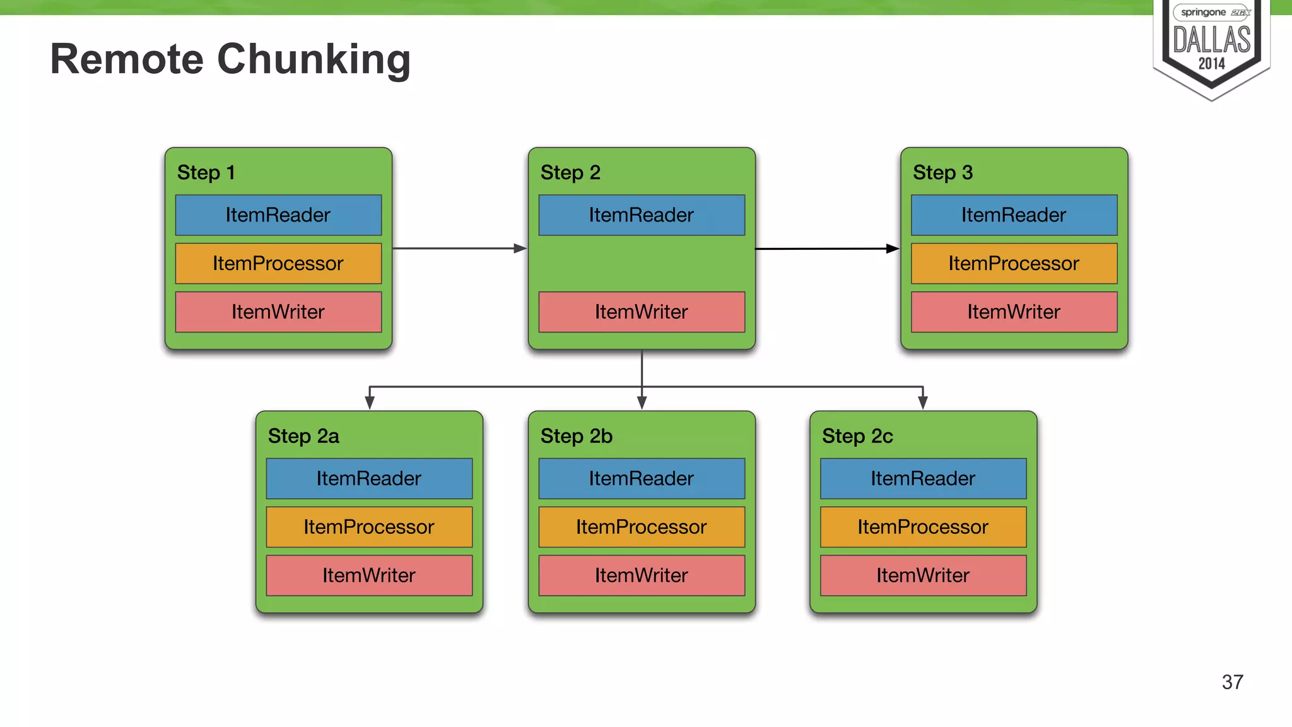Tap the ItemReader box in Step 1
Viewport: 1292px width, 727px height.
tap(278, 215)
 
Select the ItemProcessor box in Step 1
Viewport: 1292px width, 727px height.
tap(278, 263)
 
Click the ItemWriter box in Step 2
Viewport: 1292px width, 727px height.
tap(642, 312)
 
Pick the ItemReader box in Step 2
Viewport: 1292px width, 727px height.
tap(642, 215)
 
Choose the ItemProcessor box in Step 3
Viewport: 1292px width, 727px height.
tap(1014, 263)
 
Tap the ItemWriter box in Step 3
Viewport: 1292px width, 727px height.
tap(1014, 312)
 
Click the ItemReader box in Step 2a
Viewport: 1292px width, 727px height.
tap(369, 478)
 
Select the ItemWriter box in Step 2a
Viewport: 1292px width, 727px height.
tap(369, 576)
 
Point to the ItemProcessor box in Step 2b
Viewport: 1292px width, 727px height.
tap(642, 527)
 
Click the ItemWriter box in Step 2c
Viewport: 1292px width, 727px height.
tap(923, 576)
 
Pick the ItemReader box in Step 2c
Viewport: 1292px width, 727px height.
tap(923, 478)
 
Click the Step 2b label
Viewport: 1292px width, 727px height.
tap(576, 436)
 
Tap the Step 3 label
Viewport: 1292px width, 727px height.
tap(943, 172)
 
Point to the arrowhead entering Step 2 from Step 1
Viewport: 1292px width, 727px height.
tap(520, 249)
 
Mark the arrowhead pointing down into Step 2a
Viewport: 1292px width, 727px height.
tap(370, 403)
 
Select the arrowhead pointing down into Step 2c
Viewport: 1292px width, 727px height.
tap(923, 403)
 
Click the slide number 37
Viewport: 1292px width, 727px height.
tap(1232, 682)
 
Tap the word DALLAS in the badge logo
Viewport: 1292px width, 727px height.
tap(1211, 40)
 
